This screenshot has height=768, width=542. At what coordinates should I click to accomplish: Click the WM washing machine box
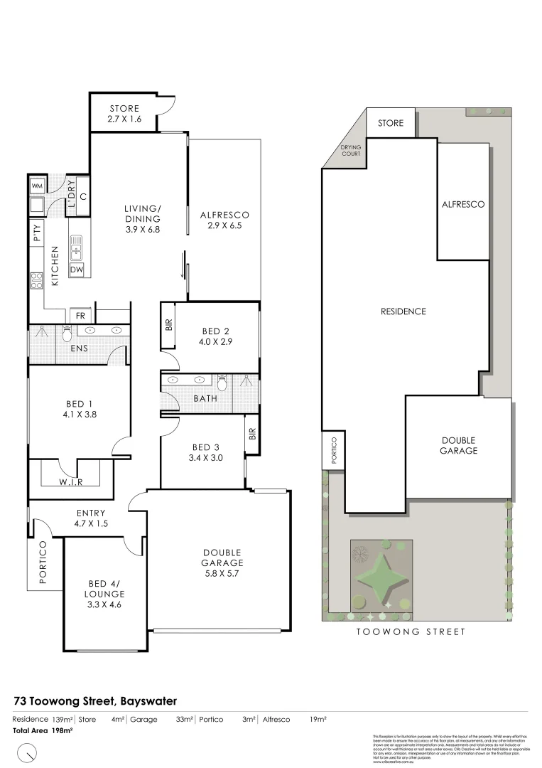pyautogui.click(x=37, y=186)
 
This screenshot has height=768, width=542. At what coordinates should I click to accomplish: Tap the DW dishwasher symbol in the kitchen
pyautogui.click(x=77, y=270)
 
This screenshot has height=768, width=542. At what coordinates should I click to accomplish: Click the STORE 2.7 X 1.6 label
pyautogui.click(x=124, y=114)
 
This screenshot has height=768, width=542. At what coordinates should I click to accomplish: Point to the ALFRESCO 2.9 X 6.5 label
pyautogui.click(x=224, y=220)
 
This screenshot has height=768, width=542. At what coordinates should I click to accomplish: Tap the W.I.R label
pyautogui.click(x=70, y=483)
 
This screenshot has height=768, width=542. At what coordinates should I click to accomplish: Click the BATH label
pyautogui.click(x=205, y=399)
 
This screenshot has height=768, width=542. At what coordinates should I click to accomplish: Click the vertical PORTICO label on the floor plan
pyautogui.click(x=43, y=562)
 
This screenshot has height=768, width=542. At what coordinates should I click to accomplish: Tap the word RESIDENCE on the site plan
pyautogui.click(x=403, y=311)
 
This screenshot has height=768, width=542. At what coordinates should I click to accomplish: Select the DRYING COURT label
pyautogui.click(x=351, y=150)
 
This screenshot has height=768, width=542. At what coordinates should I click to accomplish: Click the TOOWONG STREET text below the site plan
pyautogui.click(x=411, y=631)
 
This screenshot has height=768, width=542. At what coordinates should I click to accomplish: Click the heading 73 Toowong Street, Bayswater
pyautogui.click(x=95, y=701)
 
